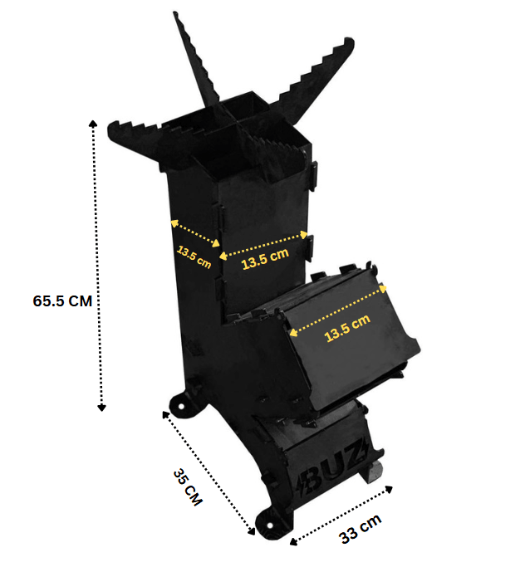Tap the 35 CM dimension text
click(x=188, y=488)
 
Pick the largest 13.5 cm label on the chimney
click(x=264, y=259)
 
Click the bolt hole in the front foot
click(x=267, y=522)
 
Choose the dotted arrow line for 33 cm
click(x=341, y=515)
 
